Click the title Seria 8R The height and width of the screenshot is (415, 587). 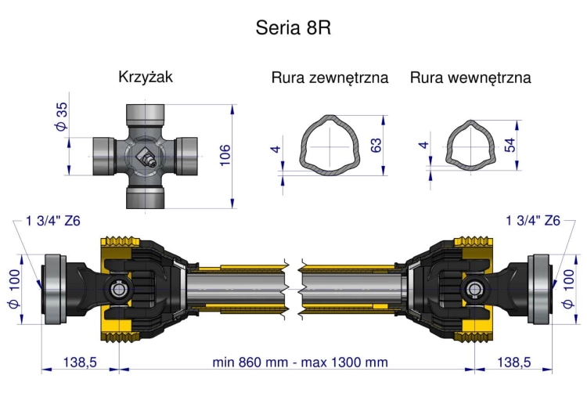click(293, 28)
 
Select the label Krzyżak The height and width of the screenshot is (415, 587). click(145, 77)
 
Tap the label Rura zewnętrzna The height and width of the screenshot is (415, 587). click(330, 78)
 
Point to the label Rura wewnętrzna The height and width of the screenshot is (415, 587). click(470, 78)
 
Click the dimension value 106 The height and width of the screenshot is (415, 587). click(225, 156)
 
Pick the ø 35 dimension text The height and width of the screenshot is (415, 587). click(62, 117)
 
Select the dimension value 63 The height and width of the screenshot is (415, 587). click(376, 146)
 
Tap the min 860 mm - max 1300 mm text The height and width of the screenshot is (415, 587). click(300, 362)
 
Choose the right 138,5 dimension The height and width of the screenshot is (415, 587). click(514, 362)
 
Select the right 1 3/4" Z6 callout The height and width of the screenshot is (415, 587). click(533, 221)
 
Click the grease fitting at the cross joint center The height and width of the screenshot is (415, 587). click(146, 159)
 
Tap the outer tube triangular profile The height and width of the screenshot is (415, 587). click(332, 146)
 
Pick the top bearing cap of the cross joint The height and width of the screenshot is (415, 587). click(146, 116)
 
